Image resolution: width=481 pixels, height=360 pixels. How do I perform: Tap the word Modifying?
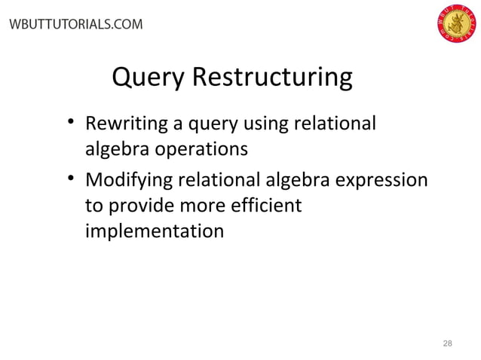point(127,181)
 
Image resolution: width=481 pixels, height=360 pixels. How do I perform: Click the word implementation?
point(154,230)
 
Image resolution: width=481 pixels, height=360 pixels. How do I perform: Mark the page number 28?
point(447,343)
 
